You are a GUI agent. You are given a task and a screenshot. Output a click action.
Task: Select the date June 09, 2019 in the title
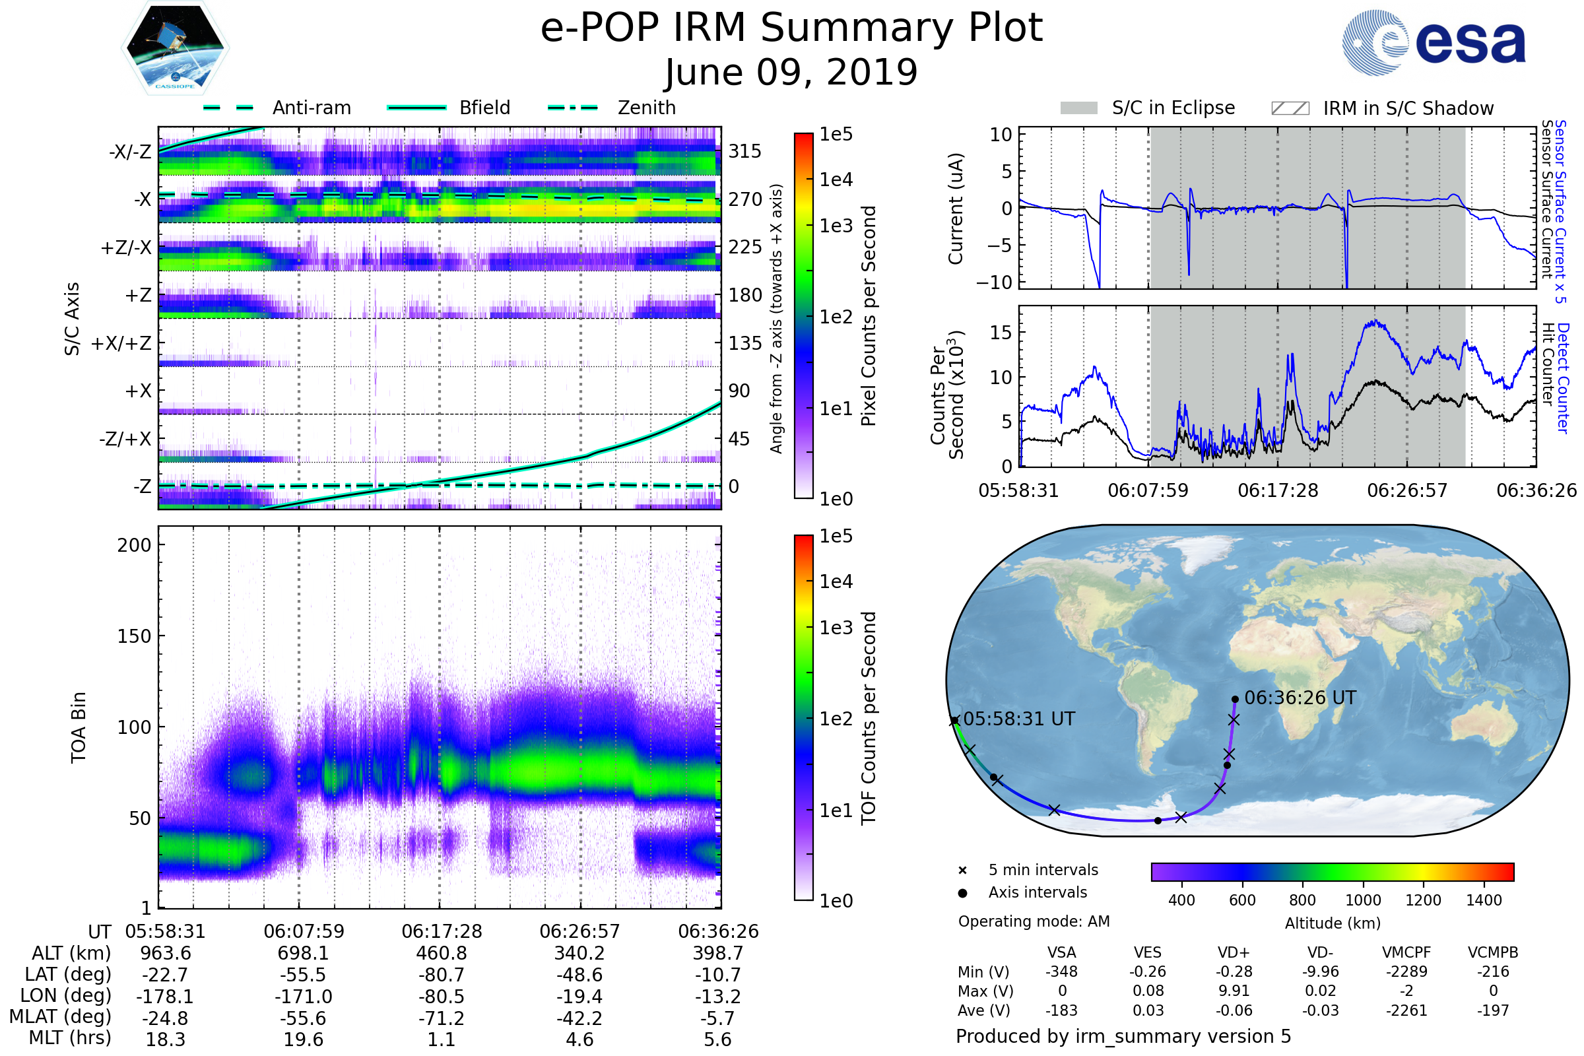click(x=791, y=73)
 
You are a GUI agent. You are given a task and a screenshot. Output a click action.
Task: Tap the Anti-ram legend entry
click(x=311, y=108)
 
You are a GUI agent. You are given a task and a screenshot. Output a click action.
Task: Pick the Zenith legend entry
click(x=647, y=108)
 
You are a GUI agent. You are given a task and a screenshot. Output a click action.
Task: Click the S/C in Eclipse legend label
click(x=1173, y=108)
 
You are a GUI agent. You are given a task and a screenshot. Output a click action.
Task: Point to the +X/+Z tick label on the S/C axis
click(x=121, y=343)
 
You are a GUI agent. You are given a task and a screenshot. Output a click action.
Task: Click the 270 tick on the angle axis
click(x=745, y=199)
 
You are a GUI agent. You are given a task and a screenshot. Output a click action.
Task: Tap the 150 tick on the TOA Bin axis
click(x=134, y=636)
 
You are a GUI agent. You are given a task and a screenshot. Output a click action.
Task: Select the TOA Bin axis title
click(x=79, y=727)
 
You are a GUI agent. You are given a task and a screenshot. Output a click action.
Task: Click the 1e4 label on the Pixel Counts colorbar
click(x=836, y=180)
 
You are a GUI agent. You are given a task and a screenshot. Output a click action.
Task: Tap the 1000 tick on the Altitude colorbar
click(x=1362, y=900)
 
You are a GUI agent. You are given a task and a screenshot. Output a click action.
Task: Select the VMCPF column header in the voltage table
click(x=1406, y=952)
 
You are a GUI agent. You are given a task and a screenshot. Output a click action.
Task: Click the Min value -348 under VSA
click(x=1061, y=972)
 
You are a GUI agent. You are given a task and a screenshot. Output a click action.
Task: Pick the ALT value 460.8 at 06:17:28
click(x=441, y=953)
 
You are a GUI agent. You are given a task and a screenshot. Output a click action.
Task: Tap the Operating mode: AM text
click(x=1034, y=921)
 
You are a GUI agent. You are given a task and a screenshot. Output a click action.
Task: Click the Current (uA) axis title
click(x=956, y=209)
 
